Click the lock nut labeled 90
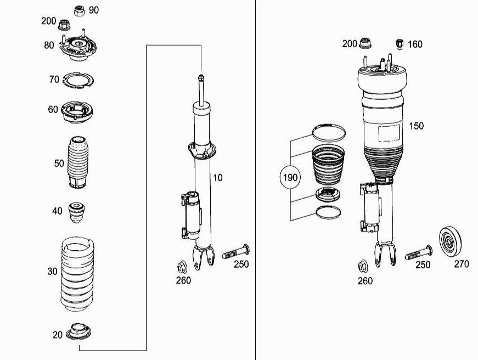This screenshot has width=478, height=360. [x=78, y=10]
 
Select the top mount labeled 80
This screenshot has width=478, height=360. [x=76, y=47]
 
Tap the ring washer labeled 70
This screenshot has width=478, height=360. [x=76, y=80]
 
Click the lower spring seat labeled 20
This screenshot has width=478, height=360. [x=78, y=333]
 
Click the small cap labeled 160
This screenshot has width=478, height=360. [x=400, y=43]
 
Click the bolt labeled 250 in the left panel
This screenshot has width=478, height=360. [x=235, y=253]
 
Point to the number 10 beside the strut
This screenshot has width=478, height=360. [x=218, y=177]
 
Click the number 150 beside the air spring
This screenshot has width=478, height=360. [x=417, y=126]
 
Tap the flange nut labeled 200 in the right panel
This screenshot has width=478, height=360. [x=366, y=43]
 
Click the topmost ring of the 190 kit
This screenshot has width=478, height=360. [x=328, y=132]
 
